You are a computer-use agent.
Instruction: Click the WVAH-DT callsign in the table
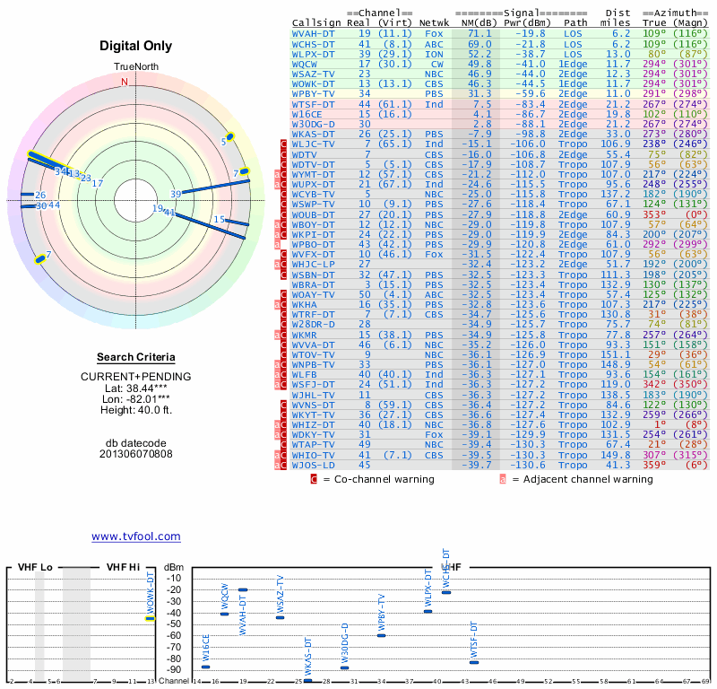coord(314,32)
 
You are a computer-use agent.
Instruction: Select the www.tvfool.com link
coord(135,536)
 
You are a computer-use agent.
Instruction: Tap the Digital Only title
coord(136,46)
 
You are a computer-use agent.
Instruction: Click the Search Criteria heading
coord(136,357)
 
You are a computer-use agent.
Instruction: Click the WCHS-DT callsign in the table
coord(314,43)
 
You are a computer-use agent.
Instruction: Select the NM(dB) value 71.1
coord(479,32)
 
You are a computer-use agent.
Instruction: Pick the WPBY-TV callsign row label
coord(314,93)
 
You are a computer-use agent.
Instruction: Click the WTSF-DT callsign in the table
coord(314,104)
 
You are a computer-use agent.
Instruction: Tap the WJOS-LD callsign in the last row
coord(314,465)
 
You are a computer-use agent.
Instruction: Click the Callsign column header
coord(316,22)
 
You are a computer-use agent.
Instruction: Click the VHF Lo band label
coord(35,567)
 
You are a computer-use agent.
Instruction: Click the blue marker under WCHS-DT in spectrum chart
coord(446,593)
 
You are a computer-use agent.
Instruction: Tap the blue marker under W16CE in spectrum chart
coord(205,667)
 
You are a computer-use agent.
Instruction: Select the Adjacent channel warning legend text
coord(582,480)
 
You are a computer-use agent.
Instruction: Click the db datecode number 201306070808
coord(136,454)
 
